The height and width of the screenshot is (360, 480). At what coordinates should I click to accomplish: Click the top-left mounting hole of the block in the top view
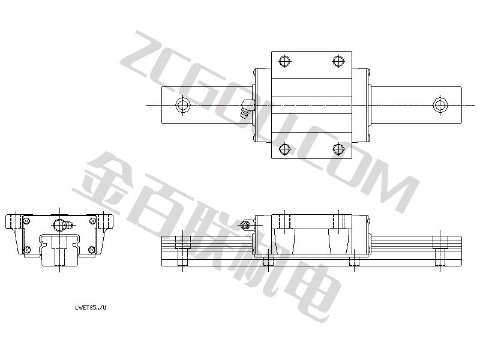[284, 61]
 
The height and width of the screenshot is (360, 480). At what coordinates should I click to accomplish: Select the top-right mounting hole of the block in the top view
[338, 61]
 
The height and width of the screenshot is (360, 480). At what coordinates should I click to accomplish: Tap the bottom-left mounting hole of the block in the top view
[284, 149]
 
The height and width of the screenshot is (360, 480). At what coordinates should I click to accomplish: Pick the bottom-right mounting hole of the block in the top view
[338, 149]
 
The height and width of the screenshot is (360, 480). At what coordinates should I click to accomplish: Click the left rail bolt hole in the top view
[183, 106]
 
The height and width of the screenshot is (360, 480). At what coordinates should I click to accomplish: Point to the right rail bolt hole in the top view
[440, 106]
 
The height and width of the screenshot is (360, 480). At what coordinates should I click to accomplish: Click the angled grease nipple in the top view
[247, 109]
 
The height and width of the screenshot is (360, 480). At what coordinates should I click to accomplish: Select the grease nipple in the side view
[247, 225]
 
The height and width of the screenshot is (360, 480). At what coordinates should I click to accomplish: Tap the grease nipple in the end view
[63, 226]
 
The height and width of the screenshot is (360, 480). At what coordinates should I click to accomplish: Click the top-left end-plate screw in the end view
[26, 221]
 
